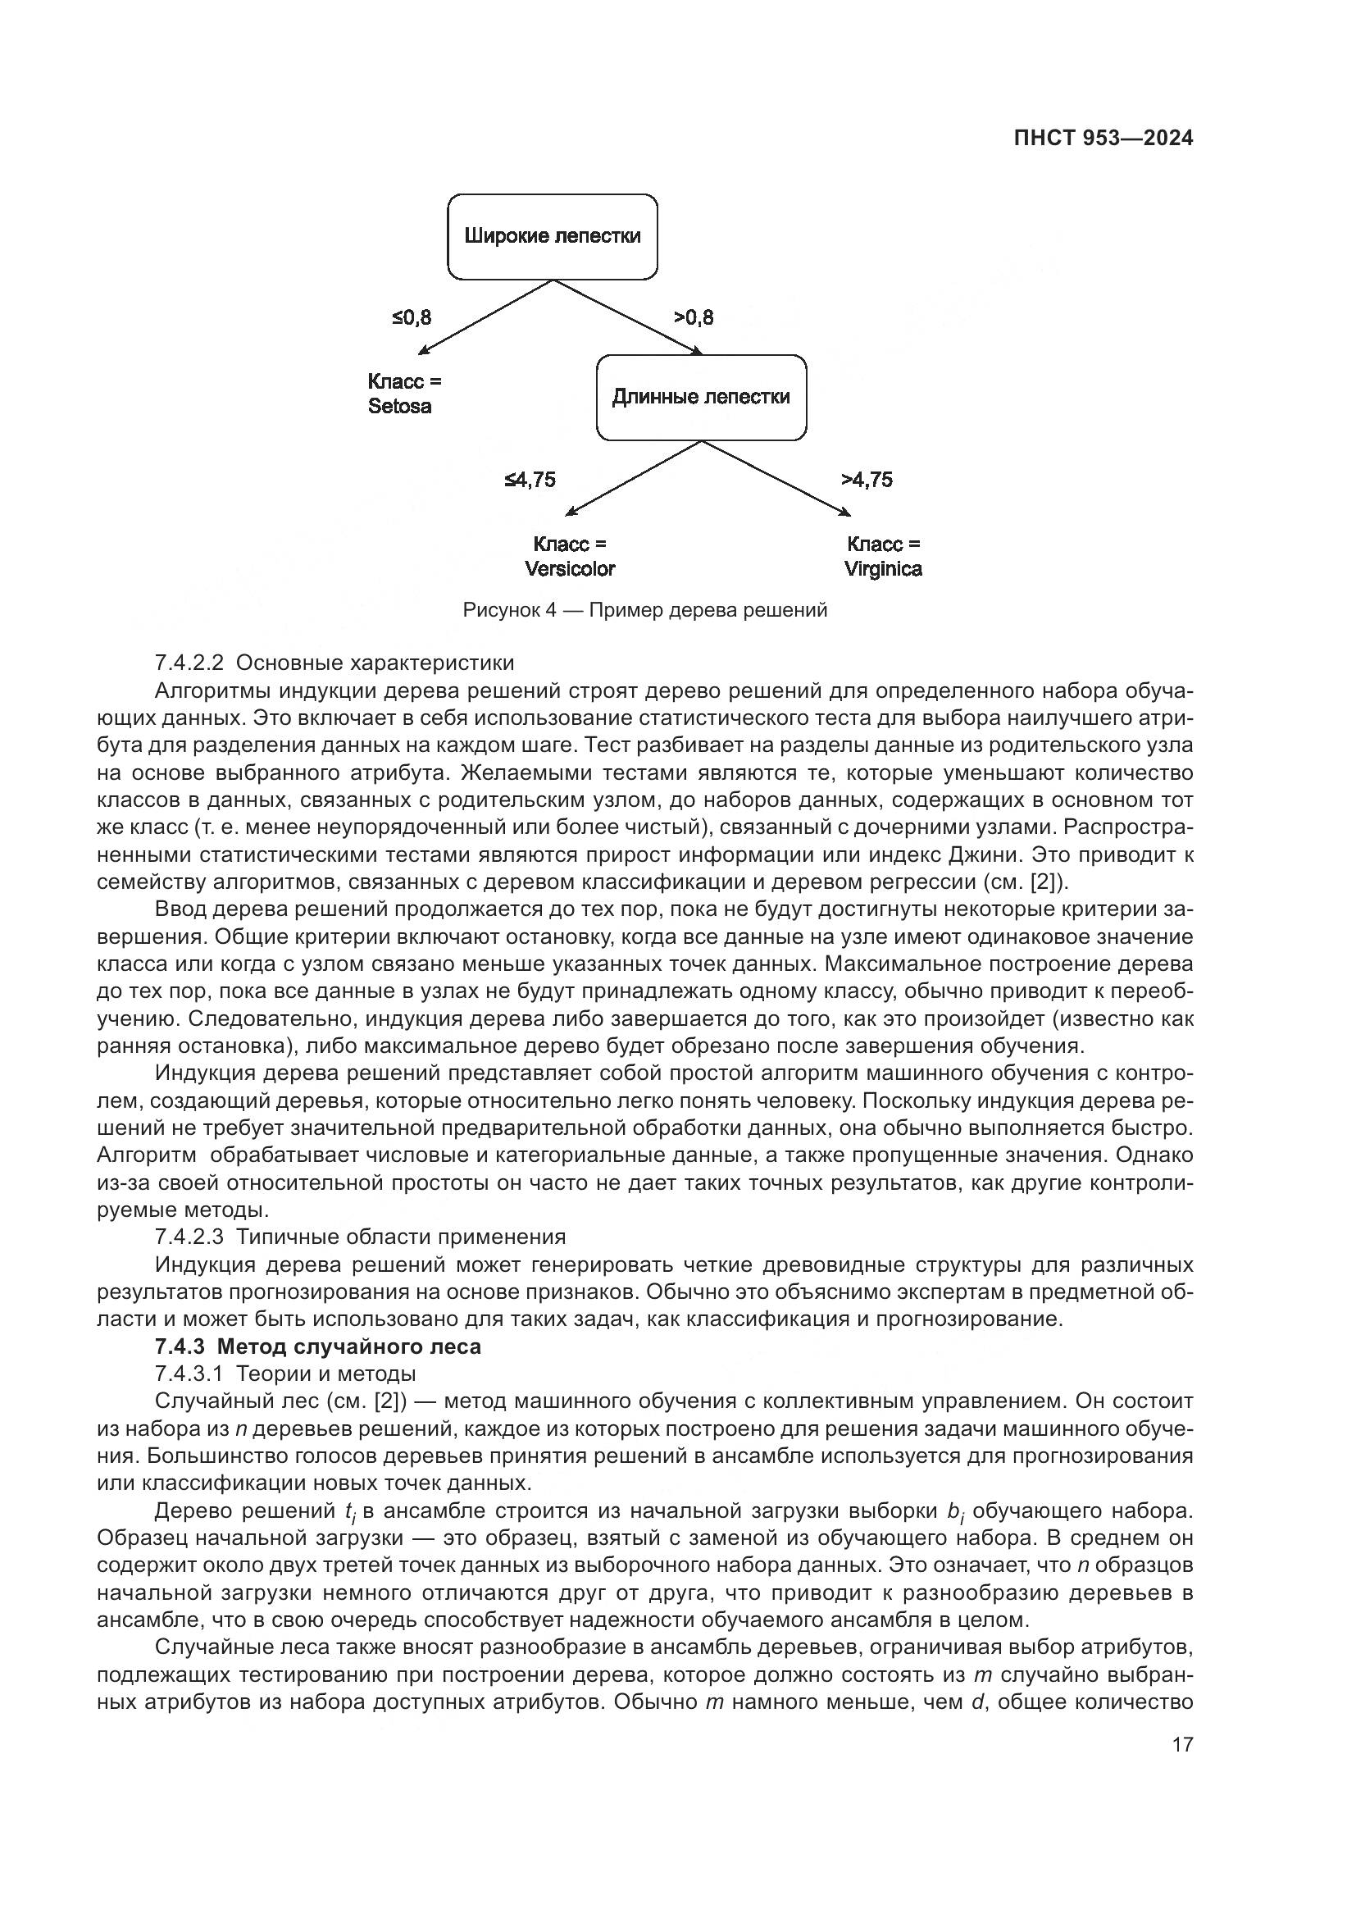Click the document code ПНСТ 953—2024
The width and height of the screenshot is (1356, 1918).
[1103, 139]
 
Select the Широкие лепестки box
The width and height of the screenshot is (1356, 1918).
[552, 236]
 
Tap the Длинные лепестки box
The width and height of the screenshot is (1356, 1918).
[700, 397]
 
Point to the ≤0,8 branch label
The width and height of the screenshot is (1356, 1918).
[412, 317]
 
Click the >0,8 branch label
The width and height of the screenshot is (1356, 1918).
[693, 317]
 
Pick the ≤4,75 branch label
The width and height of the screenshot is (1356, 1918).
[530, 480]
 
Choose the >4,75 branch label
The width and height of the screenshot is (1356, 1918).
[866, 480]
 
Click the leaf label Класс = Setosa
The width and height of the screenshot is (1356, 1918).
[404, 394]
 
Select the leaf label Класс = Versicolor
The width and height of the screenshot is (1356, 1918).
[570, 556]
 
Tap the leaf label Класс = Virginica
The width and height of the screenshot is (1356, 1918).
[883, 556]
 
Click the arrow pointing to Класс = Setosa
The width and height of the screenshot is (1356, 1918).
[485, 317]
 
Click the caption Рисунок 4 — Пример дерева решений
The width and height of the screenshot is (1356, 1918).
[644, 610]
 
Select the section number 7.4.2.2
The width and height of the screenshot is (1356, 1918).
[189, 663]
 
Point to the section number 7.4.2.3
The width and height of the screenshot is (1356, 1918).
[189, 1237]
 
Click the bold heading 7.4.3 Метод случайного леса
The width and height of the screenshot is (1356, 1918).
[317, 1346]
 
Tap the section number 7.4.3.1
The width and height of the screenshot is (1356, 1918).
[189, 1374]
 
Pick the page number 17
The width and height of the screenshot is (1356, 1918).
[1182, 1745]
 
